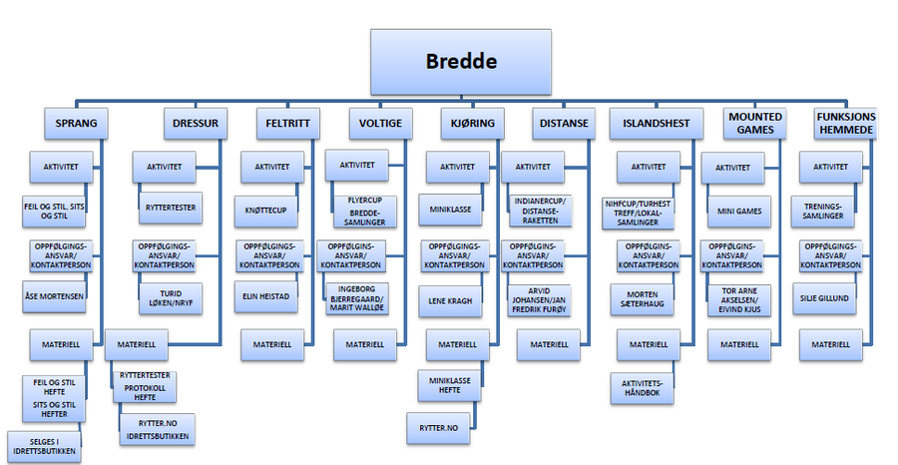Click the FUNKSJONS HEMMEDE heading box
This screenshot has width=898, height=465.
tap(843, 124)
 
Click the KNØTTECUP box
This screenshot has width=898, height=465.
tap(265, 212)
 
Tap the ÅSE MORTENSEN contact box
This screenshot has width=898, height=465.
tap(55, 296)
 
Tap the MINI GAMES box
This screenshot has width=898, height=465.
tap(739, 212)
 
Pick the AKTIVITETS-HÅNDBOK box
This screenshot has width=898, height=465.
tap(644, 388)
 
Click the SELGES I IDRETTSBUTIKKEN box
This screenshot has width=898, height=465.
tap(44, 446)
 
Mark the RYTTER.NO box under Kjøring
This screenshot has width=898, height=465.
tap(438, 428)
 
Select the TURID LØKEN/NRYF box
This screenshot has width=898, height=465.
tap(170, 296)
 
